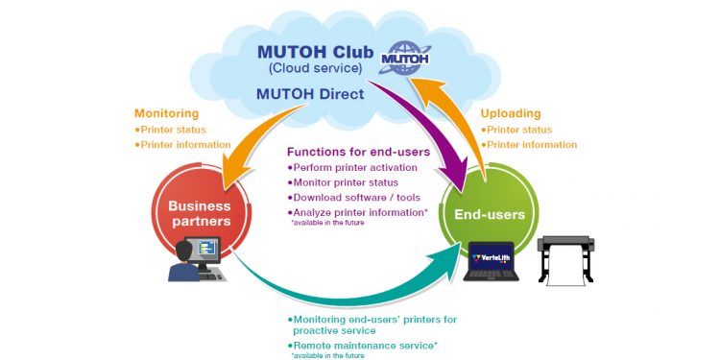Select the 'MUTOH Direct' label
click(x=308, y=93)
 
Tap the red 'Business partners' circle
click(x=202, y=212)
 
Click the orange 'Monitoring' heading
click(x=167, y=112)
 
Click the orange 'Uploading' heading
click(x=511, y=112)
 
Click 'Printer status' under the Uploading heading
click(x=519, y=130)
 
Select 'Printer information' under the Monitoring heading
click(x=185, y=145)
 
